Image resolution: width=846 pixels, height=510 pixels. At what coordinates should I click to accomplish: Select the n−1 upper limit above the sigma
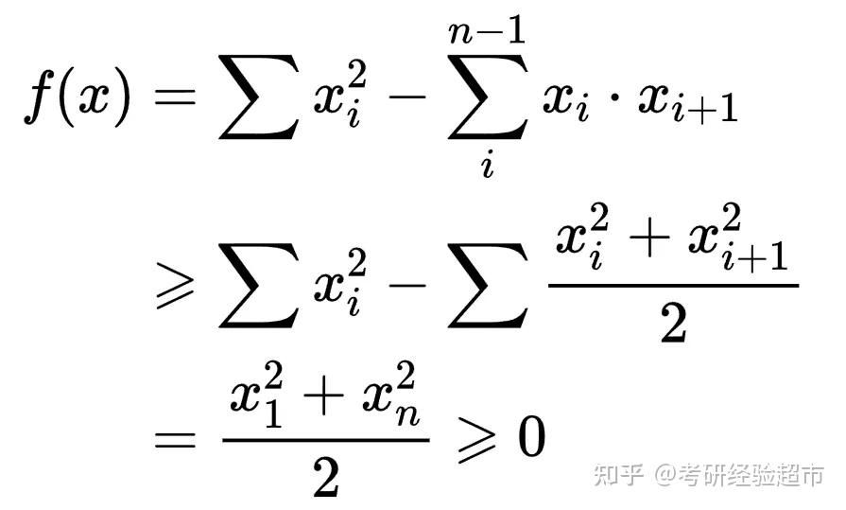click(x=486, y=37)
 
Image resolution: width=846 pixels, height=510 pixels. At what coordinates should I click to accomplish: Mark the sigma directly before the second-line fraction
click(x=486, y=281)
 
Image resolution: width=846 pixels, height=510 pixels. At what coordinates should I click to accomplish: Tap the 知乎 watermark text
click(x=620, y=474)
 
